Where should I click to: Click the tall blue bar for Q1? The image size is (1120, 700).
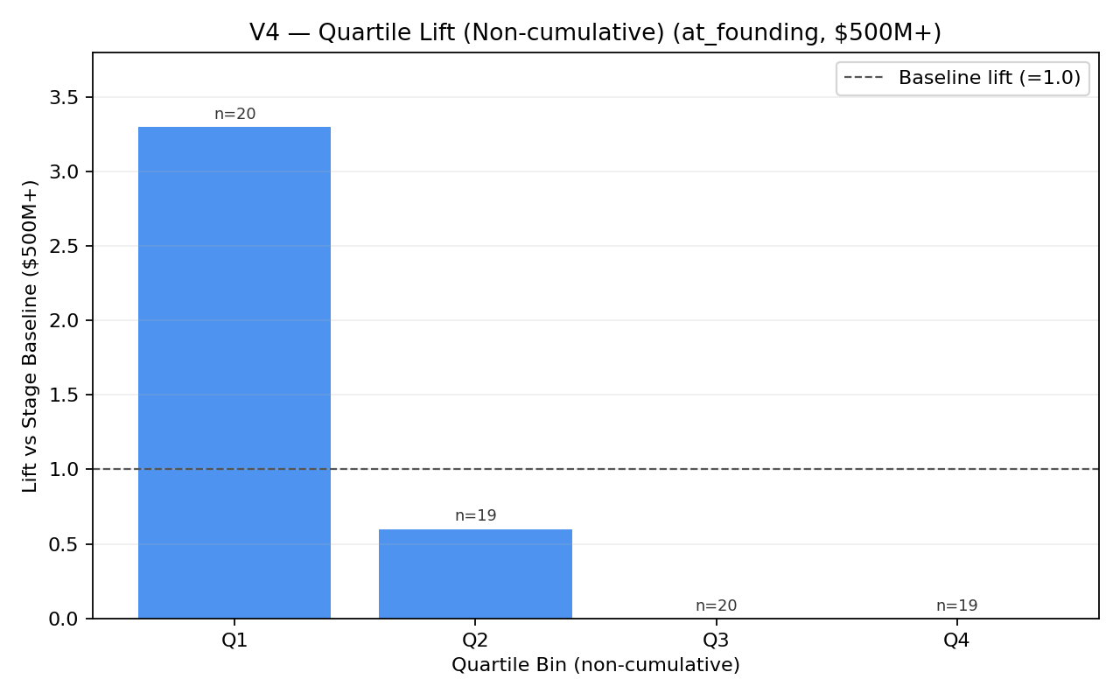(234, 372)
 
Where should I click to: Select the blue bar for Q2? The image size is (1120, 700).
(475, 573)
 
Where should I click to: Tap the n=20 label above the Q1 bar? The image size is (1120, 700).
(234, 115)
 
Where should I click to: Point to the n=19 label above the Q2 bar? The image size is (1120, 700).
(475, 516)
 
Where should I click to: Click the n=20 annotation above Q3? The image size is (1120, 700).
(716, 605)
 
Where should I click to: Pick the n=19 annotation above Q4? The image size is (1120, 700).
(956, 605)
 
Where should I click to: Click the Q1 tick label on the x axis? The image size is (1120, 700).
(234, 640)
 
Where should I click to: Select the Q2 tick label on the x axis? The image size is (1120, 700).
(475, 640)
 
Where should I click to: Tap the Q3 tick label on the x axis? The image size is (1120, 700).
(716, 640)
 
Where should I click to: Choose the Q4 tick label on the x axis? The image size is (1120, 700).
(956, 640)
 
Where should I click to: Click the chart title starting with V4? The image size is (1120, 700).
(595, 32)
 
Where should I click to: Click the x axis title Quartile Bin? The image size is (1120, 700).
(595, 665)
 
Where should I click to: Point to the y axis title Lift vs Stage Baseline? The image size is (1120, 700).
(31, 336)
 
